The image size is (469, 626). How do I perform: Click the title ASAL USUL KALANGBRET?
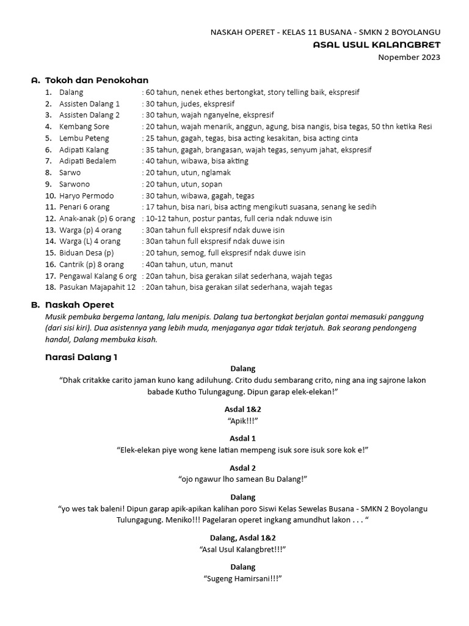(x=376, y=45)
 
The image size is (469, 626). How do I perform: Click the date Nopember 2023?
(x=409, y=57)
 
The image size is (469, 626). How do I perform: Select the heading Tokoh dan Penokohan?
(x=97, y=80)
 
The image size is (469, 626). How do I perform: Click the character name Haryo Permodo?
(x=86, y=196)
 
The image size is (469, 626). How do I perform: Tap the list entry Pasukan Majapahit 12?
(x=97, y=287)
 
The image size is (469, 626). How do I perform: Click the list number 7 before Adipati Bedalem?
(x=48, y=161)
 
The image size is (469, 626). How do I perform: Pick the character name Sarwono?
(x=75, y=184)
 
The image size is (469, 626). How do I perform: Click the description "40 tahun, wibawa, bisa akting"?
(x=197, y=161)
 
